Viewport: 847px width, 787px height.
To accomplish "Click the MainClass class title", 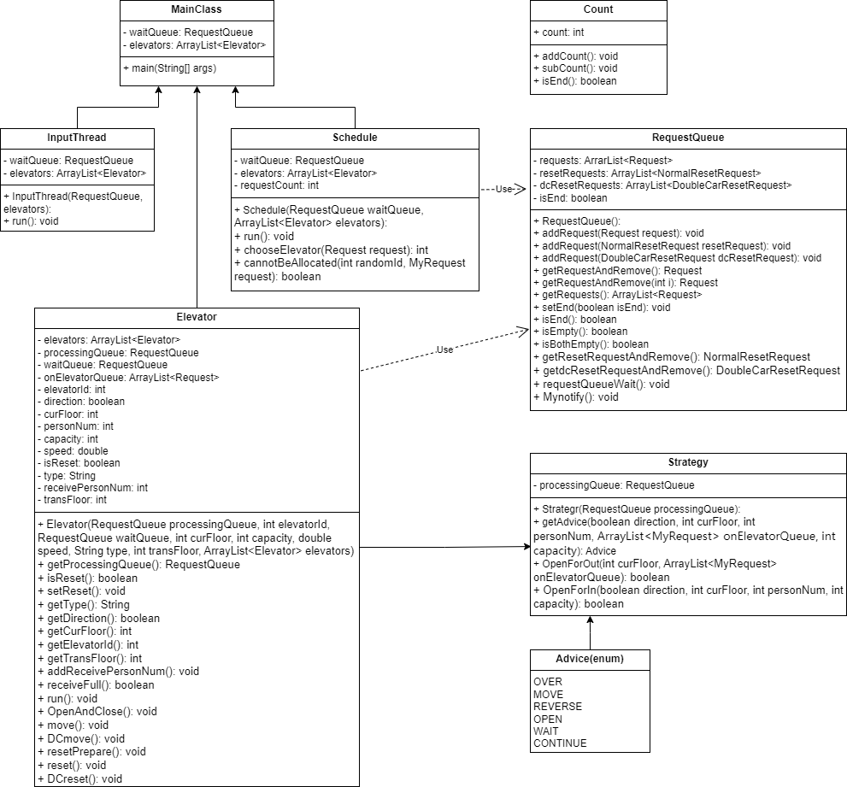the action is [x=196, y=9].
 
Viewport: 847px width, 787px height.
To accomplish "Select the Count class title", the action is [x=598, y=9].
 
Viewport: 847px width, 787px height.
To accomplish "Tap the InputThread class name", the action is [x=77, y=138].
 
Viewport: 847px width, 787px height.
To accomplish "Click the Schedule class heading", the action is [x=355, y=138].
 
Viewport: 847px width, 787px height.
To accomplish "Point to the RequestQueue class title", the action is [x=688, y=138].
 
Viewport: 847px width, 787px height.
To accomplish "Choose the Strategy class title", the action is [x=688, y=462].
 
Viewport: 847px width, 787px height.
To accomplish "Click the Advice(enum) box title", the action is [x=590, y=659].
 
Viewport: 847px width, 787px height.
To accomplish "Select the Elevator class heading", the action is [x=197, y=317].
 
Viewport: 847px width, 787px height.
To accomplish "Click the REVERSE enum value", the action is [x=557, y=707].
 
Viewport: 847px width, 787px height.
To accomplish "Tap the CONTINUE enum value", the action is [x=560, y=743].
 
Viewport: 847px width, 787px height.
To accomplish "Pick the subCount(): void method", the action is [x=575, y=68].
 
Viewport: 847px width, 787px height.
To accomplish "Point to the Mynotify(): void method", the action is [x=576, y=397].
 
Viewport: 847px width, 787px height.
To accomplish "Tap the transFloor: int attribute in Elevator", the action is [x=72, y=500].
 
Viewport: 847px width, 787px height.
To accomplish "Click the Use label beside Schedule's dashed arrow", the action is [x=503, y=189].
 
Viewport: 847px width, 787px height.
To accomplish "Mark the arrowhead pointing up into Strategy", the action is [x=590, y=620].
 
